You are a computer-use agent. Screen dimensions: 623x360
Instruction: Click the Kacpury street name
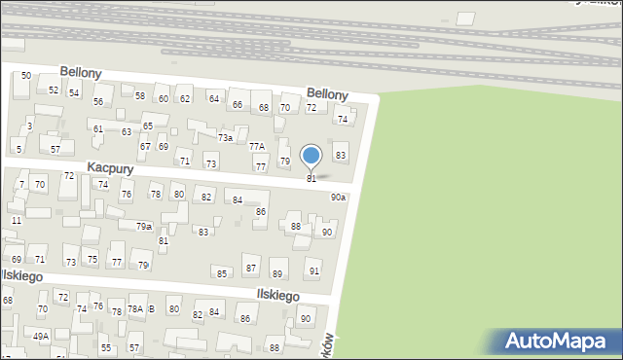109,168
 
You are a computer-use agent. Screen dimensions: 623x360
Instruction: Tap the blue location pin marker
311,157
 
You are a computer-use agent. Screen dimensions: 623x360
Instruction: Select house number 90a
338,197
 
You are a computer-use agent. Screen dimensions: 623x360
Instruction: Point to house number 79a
143,226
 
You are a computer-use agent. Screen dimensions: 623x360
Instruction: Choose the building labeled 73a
225,138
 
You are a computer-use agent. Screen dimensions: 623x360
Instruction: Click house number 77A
257,146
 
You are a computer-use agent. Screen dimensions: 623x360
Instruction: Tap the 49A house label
41,336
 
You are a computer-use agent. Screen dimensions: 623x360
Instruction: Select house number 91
313,270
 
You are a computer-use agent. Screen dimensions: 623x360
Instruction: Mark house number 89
277,273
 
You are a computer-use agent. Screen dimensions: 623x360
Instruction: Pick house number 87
251,268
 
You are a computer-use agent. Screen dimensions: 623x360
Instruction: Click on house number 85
222,273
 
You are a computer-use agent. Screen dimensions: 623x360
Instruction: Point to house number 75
92,259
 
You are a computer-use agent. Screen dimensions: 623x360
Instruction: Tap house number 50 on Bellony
26,76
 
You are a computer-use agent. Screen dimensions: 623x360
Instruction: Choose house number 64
213,99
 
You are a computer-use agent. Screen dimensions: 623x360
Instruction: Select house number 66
238,104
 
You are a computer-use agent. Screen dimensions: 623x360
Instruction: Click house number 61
98,128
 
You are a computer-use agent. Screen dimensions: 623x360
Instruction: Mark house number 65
148,126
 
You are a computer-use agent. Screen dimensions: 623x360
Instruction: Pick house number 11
17,221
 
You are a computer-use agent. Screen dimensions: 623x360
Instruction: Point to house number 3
30,126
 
